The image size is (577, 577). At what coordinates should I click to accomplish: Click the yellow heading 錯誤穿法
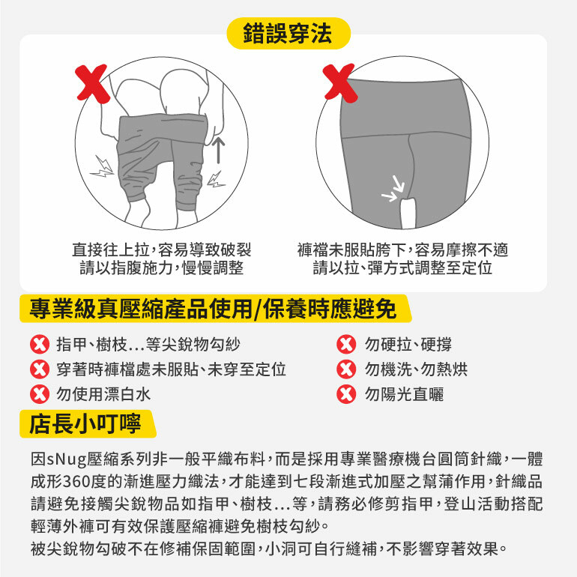tap(288, 33)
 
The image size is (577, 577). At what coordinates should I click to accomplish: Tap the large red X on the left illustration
tap(92, 83)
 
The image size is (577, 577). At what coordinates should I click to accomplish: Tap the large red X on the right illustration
tap(340, 82)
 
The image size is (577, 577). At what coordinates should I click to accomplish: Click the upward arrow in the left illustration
tap(219, 150)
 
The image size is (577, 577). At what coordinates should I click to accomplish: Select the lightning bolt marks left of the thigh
tap(103, 166)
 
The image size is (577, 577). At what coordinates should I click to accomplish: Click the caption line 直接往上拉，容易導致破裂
tap(162, 250)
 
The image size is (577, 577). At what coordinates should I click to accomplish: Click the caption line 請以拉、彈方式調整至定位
tap(402, 268)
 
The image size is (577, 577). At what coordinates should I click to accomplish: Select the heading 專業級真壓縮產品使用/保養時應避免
tap(213, 309)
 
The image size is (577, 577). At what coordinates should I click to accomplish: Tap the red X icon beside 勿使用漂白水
tap(40, 394)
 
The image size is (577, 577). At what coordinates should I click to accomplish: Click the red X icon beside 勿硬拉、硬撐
tap(346, 345)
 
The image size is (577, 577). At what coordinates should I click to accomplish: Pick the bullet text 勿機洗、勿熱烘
tap(416, 369)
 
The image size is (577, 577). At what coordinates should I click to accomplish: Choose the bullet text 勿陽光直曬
tap(404, 394)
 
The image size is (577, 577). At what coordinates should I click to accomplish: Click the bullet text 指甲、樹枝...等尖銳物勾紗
tap(148, 345)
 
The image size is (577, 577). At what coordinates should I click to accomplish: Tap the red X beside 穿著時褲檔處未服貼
tap(40, 369)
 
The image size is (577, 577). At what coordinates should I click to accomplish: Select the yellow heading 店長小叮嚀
tap(85, 423)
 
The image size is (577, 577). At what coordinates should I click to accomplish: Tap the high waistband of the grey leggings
tap(405, 107)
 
